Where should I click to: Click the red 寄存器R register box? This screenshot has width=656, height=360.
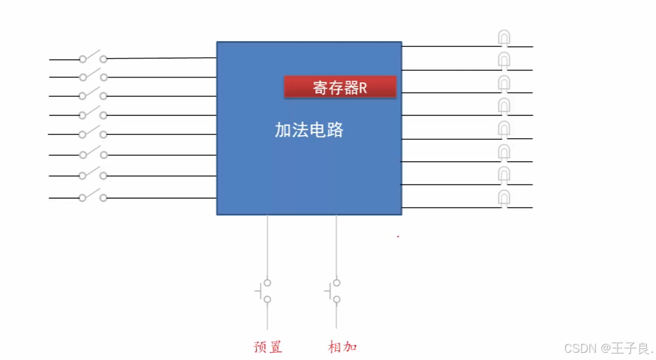(340, 87)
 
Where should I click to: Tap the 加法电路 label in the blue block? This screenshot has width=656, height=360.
(308, 130)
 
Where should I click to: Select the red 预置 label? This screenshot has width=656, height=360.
(268, 347)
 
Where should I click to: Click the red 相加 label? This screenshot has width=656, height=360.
(342, 347)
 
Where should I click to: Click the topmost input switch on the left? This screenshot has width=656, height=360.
(93, 57)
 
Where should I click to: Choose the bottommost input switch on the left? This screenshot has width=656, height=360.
(93, 196)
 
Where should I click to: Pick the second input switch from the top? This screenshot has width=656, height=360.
(93, 76)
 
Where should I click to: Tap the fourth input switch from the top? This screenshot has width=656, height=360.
(93, 114)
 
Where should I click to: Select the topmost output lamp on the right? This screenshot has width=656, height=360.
(504, 38)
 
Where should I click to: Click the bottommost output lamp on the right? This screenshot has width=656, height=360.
(504, 198)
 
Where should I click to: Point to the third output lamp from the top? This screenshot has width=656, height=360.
(504, 83)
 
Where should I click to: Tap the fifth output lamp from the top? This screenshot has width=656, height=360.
(504, 129)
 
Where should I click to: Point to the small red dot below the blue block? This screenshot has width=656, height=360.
(398, 236)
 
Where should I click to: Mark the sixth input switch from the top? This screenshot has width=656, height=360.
(93, 154)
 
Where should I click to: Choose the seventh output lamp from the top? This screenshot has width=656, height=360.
(504, 175)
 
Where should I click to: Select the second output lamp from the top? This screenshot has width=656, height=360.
(504, 61)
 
